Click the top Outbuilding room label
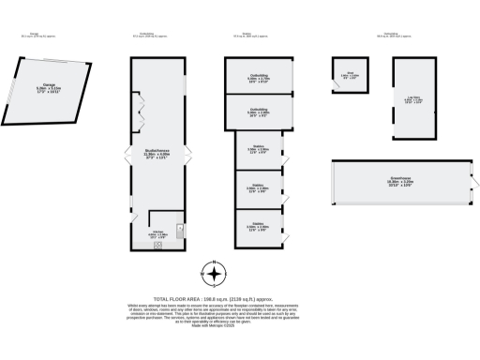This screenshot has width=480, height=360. (258, 79)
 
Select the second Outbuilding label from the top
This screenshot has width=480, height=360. (258, 112)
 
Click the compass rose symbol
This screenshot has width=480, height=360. (215, 274)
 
